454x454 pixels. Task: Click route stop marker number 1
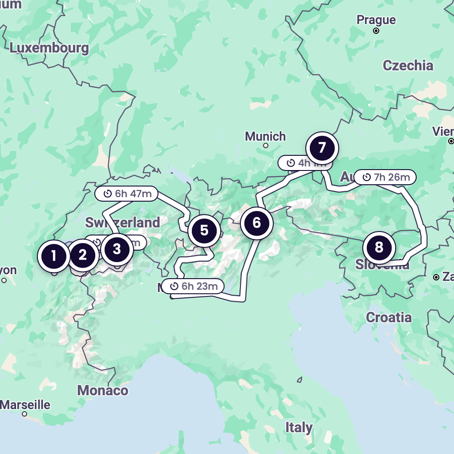(54, 256)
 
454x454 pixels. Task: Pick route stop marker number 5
(204, 231)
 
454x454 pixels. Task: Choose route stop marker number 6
(257, 223)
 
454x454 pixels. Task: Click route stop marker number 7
(322, 148)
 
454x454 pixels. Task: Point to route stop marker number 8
(379, 247)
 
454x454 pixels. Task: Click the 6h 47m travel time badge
(126, 194)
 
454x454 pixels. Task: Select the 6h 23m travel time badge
(193, 286)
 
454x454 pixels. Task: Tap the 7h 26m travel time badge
(385, 177)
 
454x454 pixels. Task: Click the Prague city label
(376, 20)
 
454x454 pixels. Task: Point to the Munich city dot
(266, 146)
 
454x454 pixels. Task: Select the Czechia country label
(408, 65)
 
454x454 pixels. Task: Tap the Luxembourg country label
(49, 48)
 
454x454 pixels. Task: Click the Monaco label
(103, 391)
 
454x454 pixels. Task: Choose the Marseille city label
(25, 405)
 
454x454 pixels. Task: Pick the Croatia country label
(389, 317)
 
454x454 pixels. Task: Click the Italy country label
(299, 428)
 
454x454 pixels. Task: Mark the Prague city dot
(376, 31)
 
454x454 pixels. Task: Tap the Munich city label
(265, 136)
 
